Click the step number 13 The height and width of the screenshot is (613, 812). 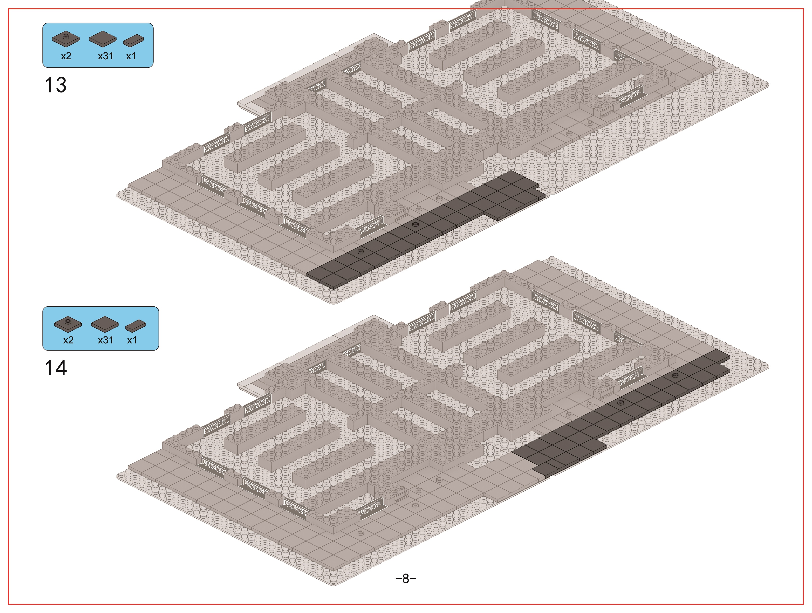(56, 85)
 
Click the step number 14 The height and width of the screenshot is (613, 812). (56, 368)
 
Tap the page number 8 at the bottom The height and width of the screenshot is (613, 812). (406, 578)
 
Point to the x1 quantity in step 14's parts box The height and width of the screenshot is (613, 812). (132, 340)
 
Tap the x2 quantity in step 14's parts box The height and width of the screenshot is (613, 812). (68, 340)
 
